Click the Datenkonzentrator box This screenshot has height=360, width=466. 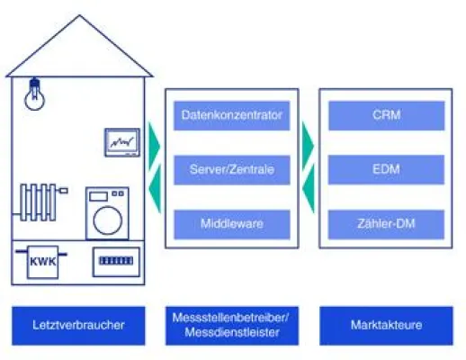pyautogui.click(x=232, y=115)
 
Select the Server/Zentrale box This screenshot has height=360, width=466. pyautogui.click(x=232, y=168)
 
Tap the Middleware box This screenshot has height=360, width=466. pyautogui.click(x=232, y=221)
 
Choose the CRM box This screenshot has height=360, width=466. pyautogui.click(x=386, y=115)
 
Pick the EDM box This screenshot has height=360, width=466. pyautogui.click(x=386, y=168)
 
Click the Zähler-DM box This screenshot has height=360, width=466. pyautogui.click(x=386, y=221)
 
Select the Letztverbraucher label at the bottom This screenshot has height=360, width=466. pyautogui.click(x=78, y=325)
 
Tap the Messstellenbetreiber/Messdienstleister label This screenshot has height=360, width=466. pyautogui.click(x=232, y=325)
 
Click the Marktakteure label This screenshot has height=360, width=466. pyautogui.click(x=386, y=325)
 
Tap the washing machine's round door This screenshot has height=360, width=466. pyautogui.click(x=106, y=217)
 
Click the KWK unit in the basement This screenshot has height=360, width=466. pyautogui.click(x=38, y=264)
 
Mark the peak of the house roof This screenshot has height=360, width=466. pyautogui.click(x=78, y=17)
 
